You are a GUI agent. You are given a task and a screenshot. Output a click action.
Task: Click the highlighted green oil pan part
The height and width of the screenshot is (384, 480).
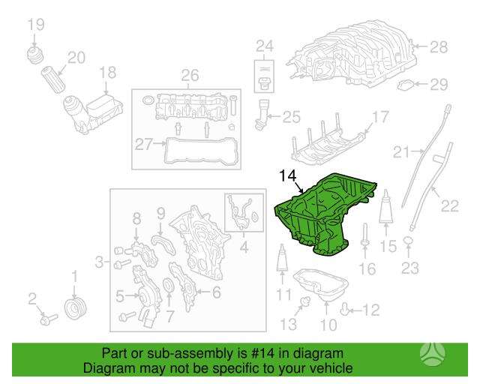322,214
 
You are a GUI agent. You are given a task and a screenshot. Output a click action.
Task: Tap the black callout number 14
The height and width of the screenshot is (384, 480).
288,176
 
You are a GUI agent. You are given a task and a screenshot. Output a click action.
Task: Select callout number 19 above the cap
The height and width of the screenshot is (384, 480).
36,25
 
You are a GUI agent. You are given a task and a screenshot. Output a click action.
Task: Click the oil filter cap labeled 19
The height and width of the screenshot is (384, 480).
34,54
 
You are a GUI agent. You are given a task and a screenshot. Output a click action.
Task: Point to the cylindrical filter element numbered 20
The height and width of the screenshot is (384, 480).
53,79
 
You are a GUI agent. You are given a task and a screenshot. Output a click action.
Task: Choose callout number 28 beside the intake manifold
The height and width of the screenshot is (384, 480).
439,46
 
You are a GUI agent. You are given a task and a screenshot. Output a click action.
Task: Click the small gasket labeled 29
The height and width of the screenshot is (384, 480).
406,85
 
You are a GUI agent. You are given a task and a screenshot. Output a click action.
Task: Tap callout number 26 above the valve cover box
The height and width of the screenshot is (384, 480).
190,75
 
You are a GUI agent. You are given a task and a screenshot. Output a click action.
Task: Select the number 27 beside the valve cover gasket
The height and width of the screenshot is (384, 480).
143,144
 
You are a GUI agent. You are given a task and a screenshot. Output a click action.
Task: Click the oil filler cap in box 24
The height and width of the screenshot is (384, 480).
263,83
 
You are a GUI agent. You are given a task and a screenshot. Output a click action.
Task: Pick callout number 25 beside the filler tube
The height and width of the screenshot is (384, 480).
291,117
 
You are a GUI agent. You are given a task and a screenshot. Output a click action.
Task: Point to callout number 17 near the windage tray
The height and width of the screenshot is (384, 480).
380,117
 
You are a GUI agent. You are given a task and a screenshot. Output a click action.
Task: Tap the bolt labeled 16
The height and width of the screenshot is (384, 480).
365,235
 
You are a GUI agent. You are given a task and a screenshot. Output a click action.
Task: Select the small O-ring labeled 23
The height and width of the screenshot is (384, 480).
408,241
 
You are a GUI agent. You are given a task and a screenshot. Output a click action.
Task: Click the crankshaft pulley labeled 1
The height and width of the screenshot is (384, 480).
76,307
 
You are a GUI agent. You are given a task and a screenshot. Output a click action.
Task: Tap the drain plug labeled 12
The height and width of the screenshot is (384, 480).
344,310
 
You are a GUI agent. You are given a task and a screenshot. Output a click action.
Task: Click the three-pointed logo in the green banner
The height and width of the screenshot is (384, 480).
432,354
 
